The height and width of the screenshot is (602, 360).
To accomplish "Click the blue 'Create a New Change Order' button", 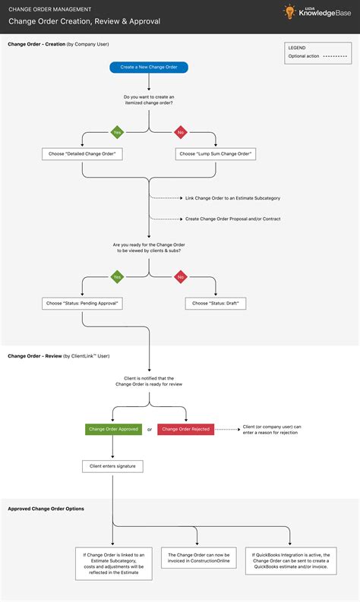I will (149, 67).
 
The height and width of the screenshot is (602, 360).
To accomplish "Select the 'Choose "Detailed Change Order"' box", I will (82, 153).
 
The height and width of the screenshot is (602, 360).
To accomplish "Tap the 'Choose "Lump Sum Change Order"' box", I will (216, 153).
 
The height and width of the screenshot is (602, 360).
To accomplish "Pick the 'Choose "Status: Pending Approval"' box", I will (82, 303).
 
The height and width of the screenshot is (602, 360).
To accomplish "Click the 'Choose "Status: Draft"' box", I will (216, 303).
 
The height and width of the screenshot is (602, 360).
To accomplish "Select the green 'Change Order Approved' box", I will (113, 429).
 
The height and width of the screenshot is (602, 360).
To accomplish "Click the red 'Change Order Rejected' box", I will (186, 429).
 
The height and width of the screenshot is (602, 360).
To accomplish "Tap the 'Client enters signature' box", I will (112, 465).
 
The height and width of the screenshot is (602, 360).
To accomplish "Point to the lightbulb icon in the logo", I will (289, 13).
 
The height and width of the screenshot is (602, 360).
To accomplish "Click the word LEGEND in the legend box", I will (297, 47).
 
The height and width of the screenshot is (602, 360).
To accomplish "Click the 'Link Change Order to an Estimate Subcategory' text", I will (232, 198).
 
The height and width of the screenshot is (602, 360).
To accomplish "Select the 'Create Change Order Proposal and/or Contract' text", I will (232, 219).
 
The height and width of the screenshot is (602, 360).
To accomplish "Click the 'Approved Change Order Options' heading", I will (46, 508).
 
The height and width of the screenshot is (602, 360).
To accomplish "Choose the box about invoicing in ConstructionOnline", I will (197, 559).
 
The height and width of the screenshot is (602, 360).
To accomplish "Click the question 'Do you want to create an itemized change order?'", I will (149, 100).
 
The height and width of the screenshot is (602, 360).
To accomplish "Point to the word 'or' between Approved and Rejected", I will (150, 430).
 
